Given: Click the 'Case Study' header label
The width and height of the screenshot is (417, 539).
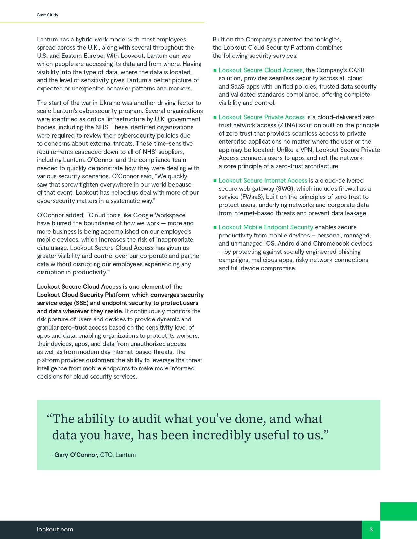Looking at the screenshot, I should [x=47, y=15].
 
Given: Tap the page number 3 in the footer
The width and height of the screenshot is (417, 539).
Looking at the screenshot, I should [x=371, y=530].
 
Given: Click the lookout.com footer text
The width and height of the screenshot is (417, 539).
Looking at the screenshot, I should [x=55, y=530].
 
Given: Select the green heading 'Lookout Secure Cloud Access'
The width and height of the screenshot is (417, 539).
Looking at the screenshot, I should [x=260, y=70].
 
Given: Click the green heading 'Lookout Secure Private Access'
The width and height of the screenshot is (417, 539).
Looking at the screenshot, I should [x=262, y=117].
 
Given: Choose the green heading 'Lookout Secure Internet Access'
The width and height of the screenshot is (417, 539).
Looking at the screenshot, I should [x=263, y=181].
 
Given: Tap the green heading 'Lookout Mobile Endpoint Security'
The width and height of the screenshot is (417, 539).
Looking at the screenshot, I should [x=266, y=227].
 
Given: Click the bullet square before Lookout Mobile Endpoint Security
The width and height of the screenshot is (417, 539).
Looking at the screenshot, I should [x=215, y=227].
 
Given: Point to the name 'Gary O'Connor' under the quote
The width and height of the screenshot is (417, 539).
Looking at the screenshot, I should [x=76, y=455].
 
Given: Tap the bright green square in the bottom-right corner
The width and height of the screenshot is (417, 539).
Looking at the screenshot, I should [x=398, y=511].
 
